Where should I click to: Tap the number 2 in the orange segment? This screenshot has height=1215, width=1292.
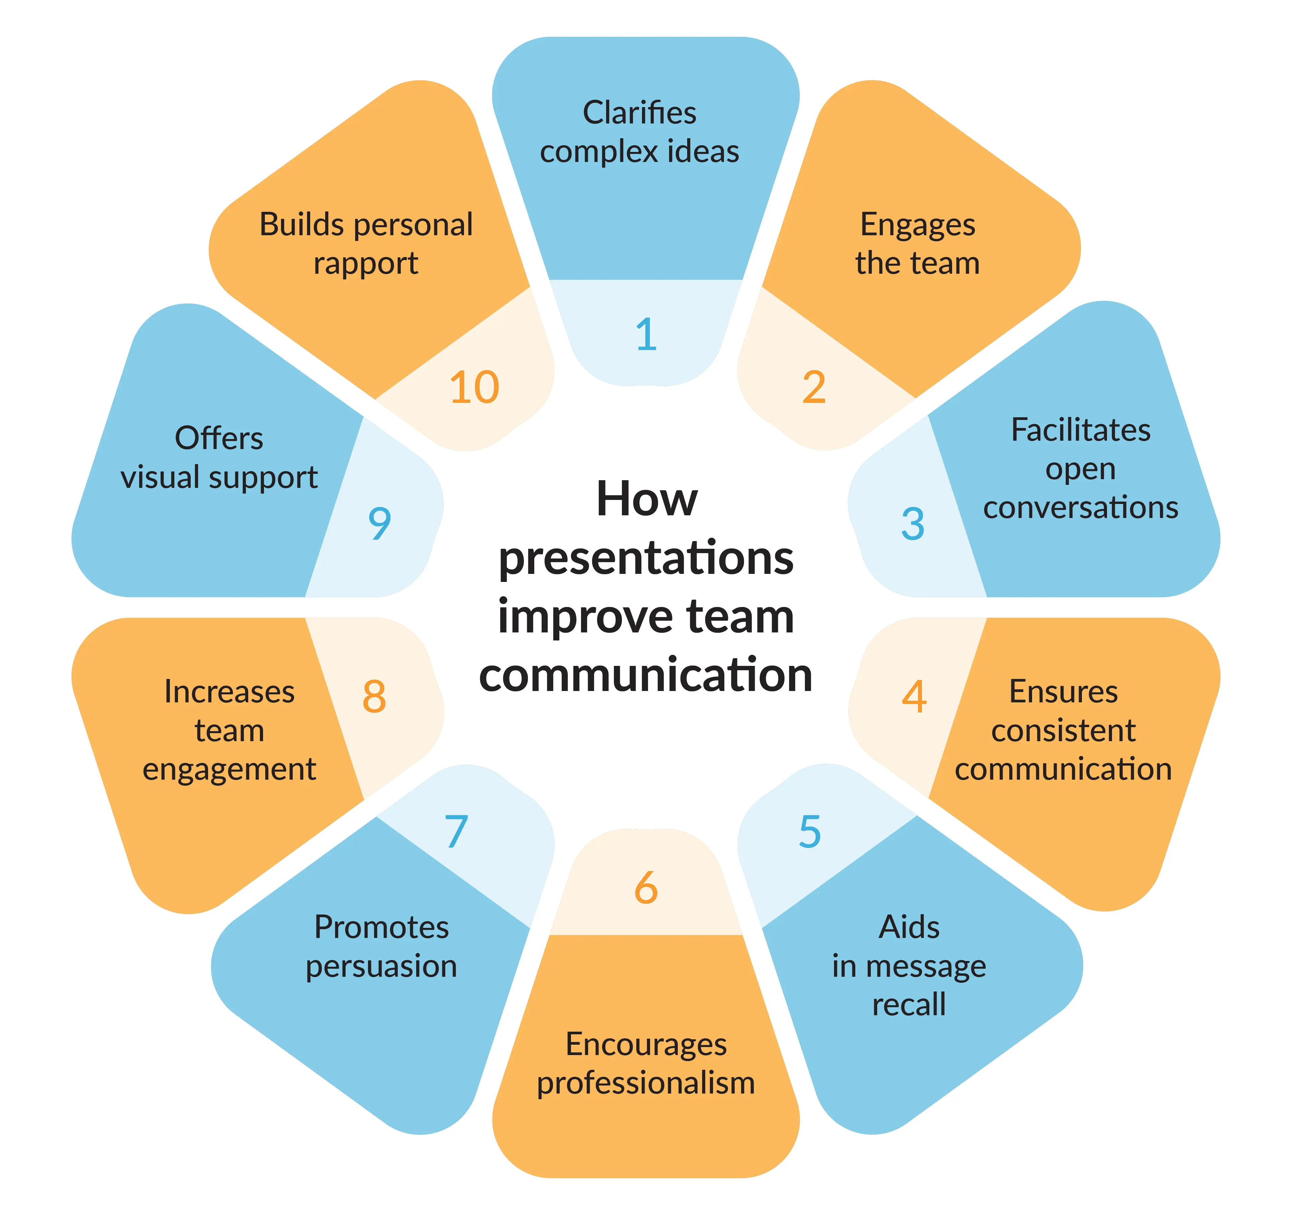pos(814,387)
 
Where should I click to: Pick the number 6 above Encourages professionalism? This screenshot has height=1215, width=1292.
pos(646,887)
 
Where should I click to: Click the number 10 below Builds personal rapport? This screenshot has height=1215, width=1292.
pos(474,387)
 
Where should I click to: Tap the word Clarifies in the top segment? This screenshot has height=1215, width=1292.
pos(640,112)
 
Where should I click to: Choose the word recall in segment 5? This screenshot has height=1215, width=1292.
pos(909,1005)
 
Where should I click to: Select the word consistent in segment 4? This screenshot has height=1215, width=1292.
pos(1063,730)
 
